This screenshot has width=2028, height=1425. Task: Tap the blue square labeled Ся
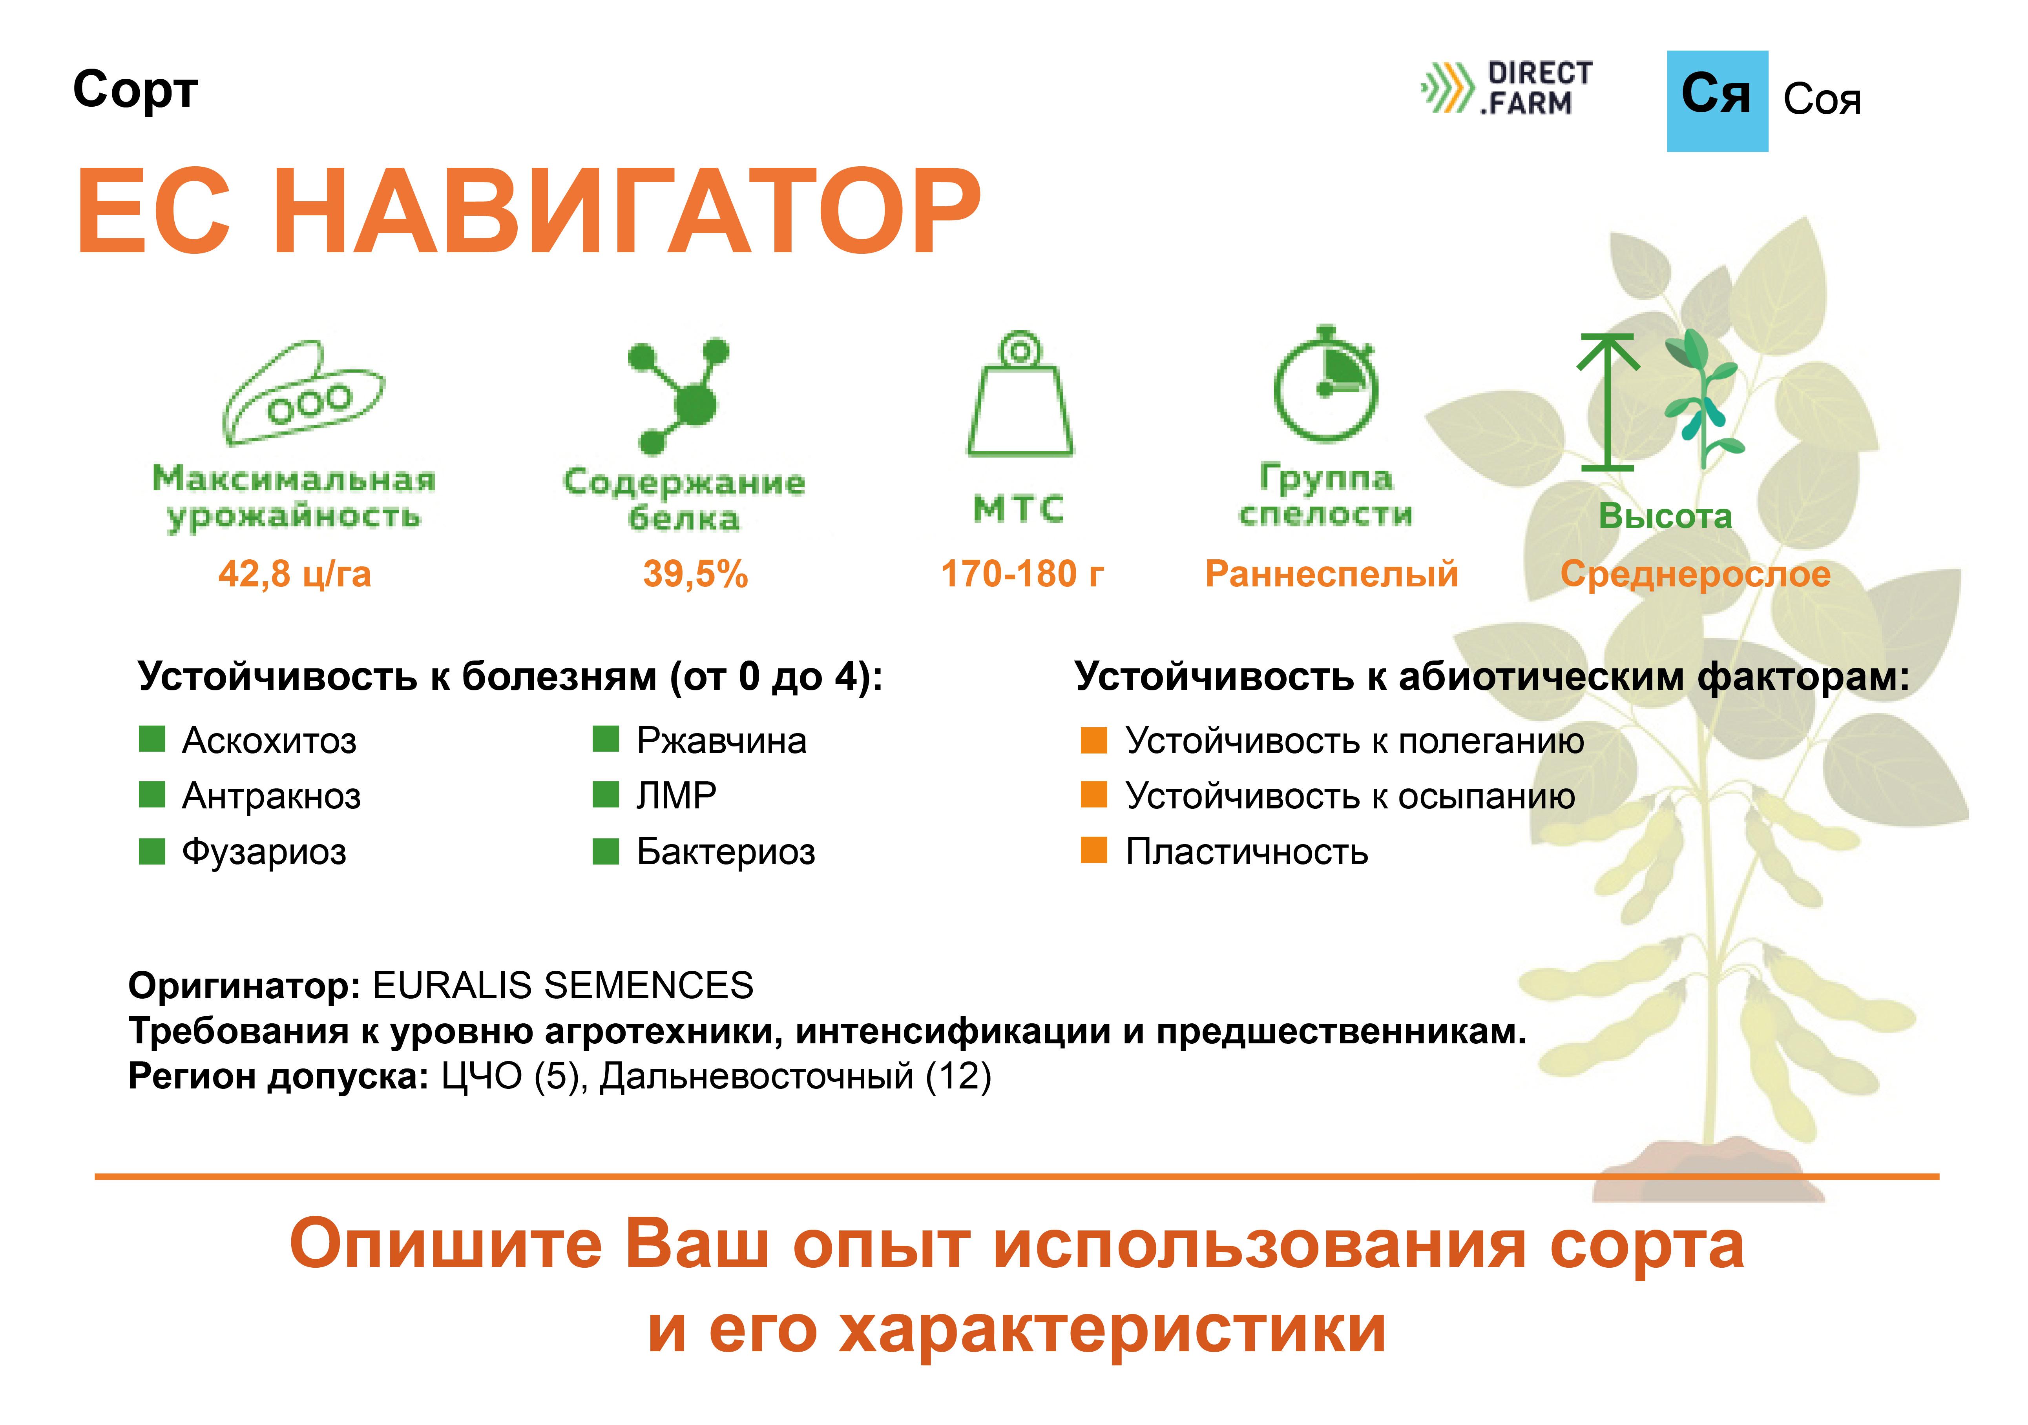(1717, 101)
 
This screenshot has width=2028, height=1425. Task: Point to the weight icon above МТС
(1020, 394)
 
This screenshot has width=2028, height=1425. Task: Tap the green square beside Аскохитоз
(152, 739)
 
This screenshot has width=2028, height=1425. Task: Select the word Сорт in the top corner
(135, 91)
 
